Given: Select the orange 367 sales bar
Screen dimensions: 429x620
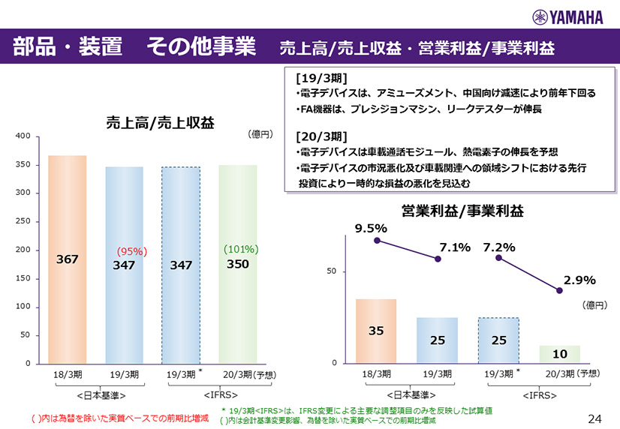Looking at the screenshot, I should click(68, 259).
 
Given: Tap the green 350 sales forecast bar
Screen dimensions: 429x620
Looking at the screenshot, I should click(238, 264).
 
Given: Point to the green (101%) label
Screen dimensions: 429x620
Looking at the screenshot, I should click(241, 248).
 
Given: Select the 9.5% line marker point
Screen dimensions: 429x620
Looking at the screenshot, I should click(377, 241).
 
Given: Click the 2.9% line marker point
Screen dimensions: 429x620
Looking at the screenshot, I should click(559, 290).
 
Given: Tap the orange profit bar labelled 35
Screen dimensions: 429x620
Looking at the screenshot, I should click(376, 331).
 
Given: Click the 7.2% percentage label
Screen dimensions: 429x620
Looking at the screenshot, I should click(498, 247).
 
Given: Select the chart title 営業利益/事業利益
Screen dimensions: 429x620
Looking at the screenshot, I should click(462, 212).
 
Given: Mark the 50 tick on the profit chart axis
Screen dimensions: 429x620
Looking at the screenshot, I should click(342, 271).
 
